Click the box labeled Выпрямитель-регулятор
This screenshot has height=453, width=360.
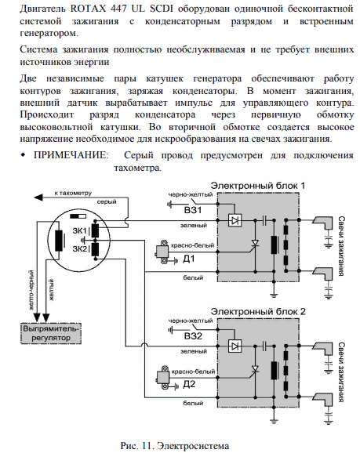pyautogui.click(x=51, y=333)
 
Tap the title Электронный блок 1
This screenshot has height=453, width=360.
pyautogui.click(x=257, y=185)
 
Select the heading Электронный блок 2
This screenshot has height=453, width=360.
pyautogui.click(x=258, y=311)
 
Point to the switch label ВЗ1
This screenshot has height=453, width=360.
pyautogui.click(x=193, y=210)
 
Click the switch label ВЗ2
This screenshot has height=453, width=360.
pyautogui.click(x=193, y=336)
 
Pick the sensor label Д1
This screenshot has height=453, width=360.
pyautogui.click(x=189, y=259)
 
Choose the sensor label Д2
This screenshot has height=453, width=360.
pyautogui.click(x=189, y=384)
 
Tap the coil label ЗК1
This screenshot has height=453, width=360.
pyautogui.click(x=79, y=231)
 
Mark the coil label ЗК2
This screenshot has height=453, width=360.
pyautogui.click(x=79, y=248)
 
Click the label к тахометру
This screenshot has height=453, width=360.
pyautogui.click(x=73, y=193)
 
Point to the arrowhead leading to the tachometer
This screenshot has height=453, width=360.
pyautogui.click(x=38, y=198)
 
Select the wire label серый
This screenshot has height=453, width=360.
pyautogui.click(x=107, y=202)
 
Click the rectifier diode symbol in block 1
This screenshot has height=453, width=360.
pyautogui.click(x=235, y=220)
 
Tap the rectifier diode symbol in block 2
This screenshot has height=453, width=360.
pyautogui.click(x=235, y=346)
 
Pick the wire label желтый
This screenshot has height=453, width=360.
pyautogui.click(x=51, y=290)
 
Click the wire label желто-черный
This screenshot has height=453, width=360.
pyautogui.click(x=32, y=290)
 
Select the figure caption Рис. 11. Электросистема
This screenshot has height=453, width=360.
pyautogui.click(x=175, y=446)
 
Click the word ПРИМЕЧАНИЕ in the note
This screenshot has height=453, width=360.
pyautogui.click(x=71, y=155)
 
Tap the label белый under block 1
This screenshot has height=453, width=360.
pyautogui.click(x=193, y=277)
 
